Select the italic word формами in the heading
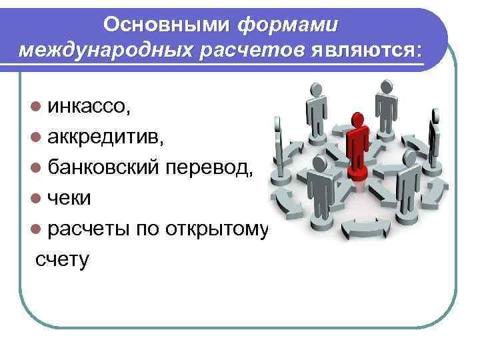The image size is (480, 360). pyautogui.click(x=288, y=24)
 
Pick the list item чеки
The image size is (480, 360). pyautogui.click(x=69, y=199)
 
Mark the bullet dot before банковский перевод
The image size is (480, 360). pyautogui.click(x=34, y=169)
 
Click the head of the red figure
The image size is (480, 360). pyautogui.click(x=359, y=120)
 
